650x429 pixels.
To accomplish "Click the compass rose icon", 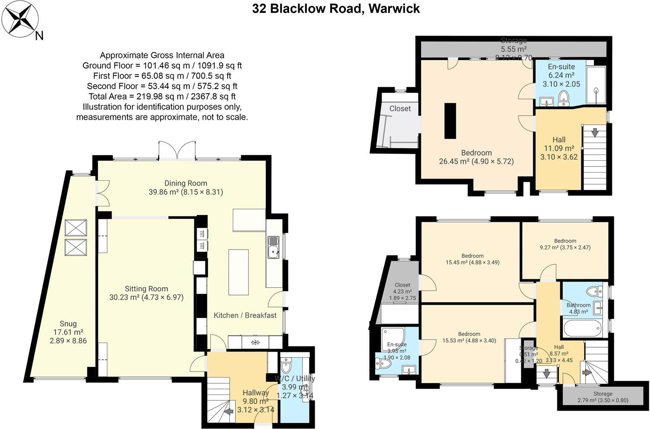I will [20, 19].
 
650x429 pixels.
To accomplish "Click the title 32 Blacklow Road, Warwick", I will [336, 9].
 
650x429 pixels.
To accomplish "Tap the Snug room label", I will [68, 323].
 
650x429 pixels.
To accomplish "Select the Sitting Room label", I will [146, 289].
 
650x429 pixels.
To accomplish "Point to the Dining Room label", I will [185, 183].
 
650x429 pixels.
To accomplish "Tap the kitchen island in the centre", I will [238, 272].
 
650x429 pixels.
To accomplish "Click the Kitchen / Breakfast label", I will [245, 315].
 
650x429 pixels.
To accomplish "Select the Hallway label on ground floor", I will [255, 393].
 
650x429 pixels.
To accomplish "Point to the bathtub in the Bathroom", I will [582, 328].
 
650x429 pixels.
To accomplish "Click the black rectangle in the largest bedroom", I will [450, 120].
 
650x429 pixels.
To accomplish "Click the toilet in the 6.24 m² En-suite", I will [563, 99].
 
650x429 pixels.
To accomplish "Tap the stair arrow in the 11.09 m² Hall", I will [595, 133].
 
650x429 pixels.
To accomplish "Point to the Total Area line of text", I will [162, 96].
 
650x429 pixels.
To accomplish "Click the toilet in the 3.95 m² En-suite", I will [384, 364].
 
